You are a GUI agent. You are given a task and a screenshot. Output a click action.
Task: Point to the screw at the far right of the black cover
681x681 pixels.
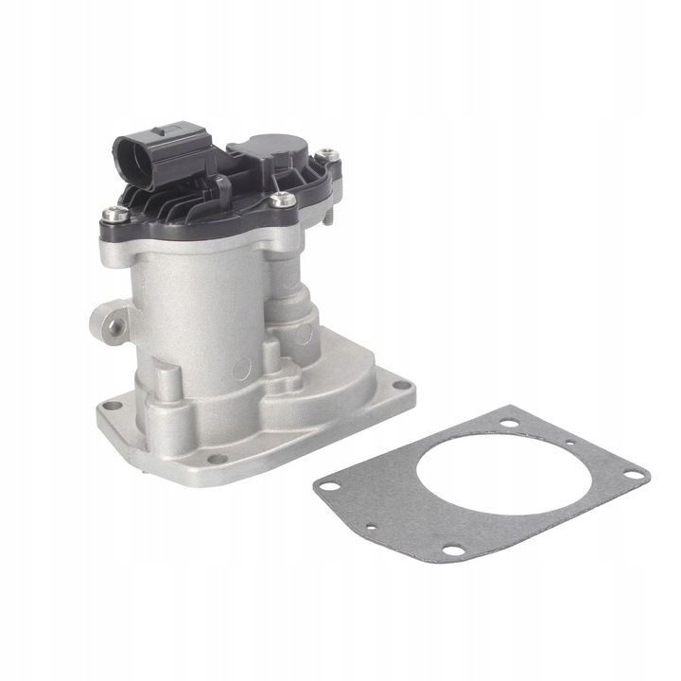coord(326,151)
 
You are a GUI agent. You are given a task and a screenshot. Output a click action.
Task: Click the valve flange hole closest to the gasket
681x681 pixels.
coord(402,386)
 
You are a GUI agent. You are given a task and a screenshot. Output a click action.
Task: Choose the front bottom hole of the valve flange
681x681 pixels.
coord(219,459)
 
